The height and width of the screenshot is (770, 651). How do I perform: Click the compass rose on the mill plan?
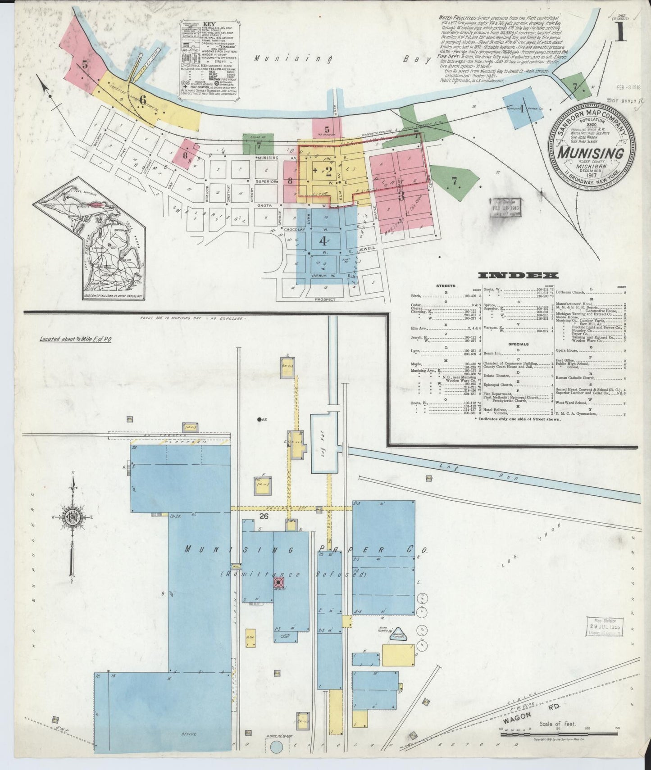point(72,517)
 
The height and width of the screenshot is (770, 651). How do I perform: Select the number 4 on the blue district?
point(323,240)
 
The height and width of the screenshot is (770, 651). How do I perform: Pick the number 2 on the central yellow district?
point(328,171)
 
